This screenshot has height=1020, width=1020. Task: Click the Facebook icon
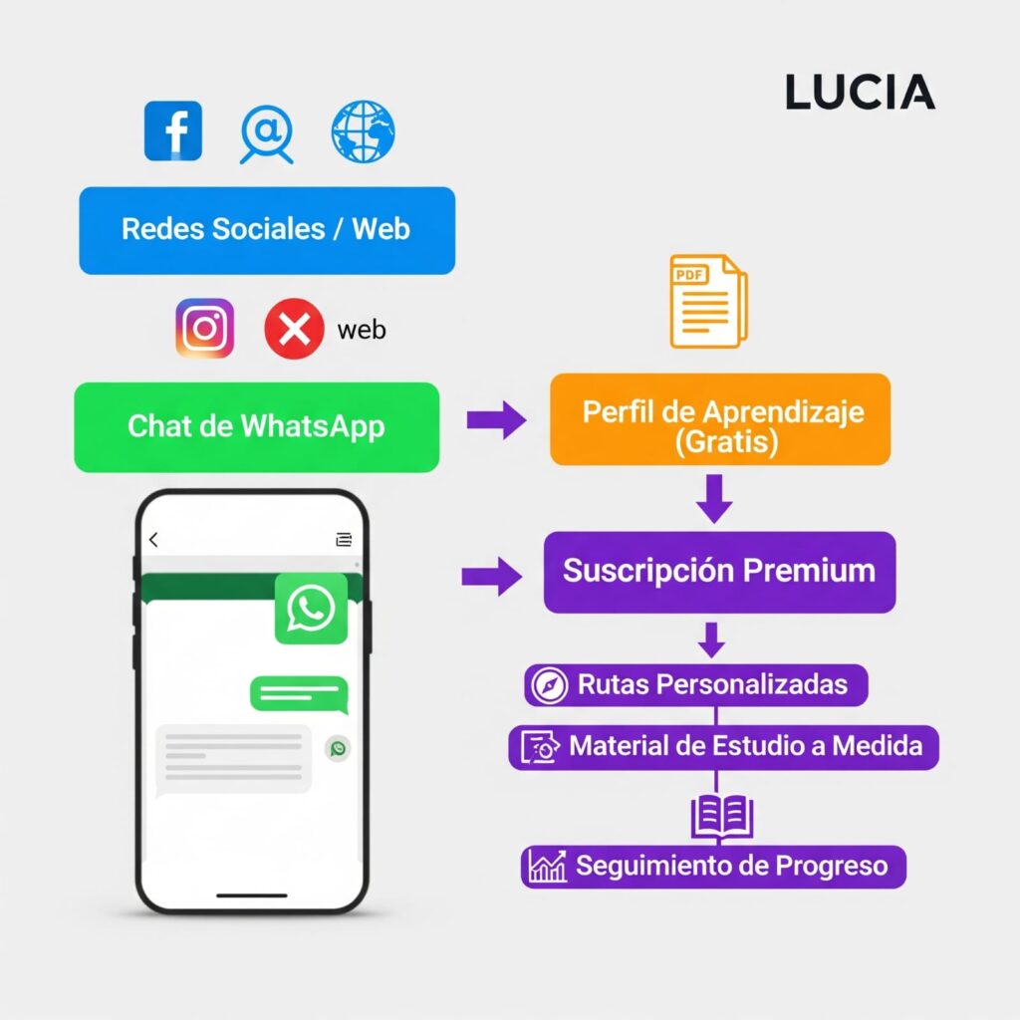[173, 130]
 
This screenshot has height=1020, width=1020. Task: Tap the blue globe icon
[363, 130]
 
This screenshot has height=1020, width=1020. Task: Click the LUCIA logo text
[860, 93]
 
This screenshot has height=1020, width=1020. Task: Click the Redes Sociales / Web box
[267, 229]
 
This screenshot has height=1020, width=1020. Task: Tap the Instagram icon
[205, 329]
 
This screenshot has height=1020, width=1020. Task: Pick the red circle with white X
[294, 329]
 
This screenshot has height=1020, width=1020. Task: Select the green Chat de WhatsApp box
[256, 426]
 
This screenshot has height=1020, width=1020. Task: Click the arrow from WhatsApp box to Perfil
[496, 420]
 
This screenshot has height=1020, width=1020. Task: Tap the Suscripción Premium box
[719, 572]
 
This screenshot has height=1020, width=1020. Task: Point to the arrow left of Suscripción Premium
[492, 575]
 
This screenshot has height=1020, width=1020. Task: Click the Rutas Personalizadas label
[696, 685]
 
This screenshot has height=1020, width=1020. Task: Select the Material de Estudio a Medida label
[724, 746]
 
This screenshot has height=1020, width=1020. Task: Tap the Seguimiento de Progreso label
[714, 867]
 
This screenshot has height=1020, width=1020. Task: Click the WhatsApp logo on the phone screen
[311, 608]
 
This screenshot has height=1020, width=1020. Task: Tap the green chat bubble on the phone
[298, 693]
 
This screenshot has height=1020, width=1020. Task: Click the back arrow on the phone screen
[153, 540]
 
